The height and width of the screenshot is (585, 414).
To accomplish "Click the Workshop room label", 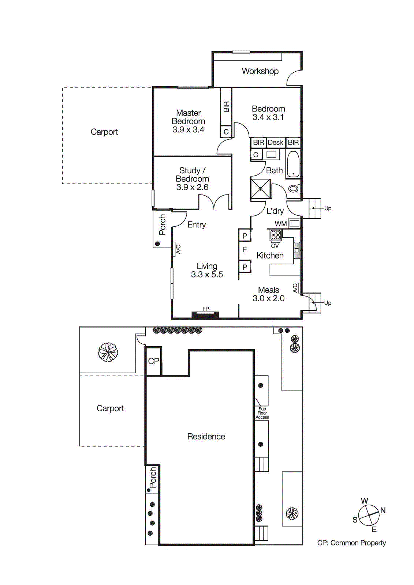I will [260, 71].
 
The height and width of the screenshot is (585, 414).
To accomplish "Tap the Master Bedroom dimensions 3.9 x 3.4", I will [188, 130].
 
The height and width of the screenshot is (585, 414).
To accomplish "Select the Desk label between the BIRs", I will [275, 143].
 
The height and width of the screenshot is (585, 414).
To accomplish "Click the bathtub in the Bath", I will [293, 165].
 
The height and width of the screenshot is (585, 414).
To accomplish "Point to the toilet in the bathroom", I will [293, 189].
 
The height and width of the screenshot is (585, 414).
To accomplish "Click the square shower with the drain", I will [260, 189].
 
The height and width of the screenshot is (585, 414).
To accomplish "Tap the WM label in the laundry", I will [281, 224].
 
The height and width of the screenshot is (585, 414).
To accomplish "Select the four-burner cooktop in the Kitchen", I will [276, 235].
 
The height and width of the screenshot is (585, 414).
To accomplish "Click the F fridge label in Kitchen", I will [245, 250].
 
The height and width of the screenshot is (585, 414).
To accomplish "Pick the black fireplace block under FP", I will [205, 315].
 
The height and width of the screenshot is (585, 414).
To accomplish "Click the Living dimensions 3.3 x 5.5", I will [207, 275].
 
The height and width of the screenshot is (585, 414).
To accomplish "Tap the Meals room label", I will [268, 290].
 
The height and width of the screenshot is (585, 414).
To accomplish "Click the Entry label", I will [197, 225].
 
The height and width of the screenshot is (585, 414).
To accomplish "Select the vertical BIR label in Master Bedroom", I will [226, 107].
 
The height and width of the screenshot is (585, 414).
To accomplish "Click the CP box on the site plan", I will [153, 361].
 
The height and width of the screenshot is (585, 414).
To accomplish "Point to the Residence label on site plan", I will [206, 437].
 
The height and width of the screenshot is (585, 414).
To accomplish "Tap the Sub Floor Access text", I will [262, 413].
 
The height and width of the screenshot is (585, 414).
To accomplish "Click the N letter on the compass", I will [383, 510].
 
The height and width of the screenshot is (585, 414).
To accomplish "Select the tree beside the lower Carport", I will [108, 352].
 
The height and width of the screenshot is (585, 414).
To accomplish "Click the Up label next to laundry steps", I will [328, 208].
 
